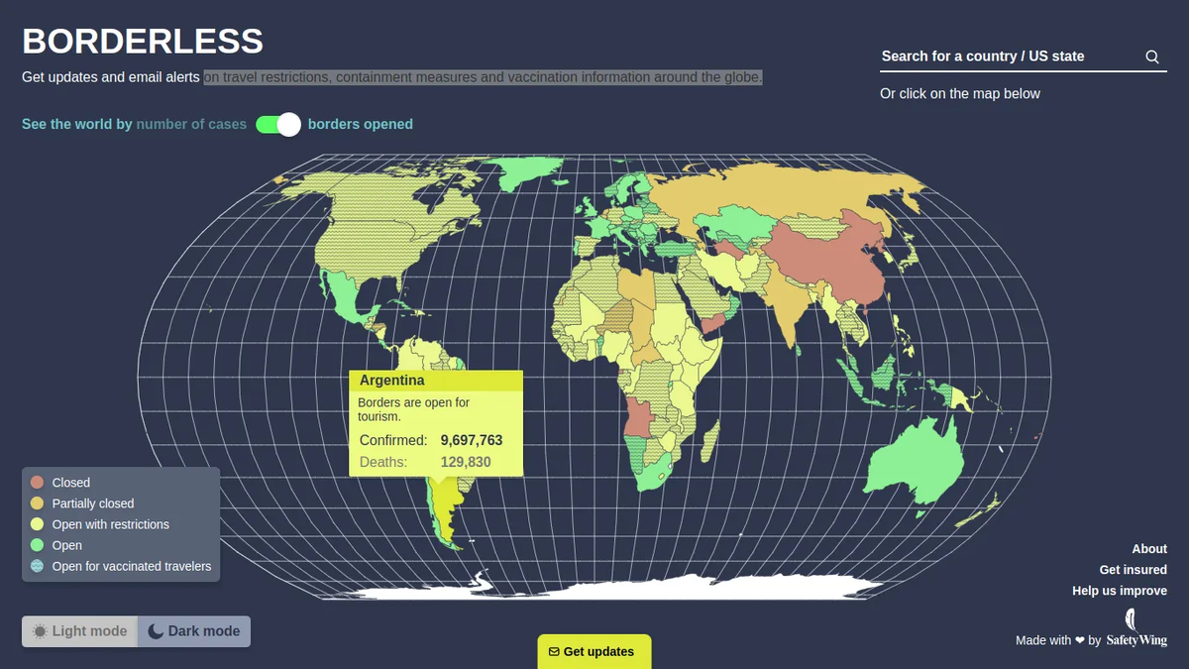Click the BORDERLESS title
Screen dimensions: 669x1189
tap(143, 42)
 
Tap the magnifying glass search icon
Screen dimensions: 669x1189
tap(1152, 56)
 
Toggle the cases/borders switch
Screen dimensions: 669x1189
tap(278, 124)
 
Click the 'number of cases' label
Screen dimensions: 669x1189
tap(191, 124)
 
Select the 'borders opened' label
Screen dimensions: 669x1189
tap(361, 124)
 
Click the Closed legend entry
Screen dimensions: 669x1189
tap(70, 483)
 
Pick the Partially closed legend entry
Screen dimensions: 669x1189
tap(92, 503)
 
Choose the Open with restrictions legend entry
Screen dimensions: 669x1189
tap(110, 524)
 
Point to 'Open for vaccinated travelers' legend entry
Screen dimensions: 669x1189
tap(131, 566)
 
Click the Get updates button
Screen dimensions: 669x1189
tap(594, 651)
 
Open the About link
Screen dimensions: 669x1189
tap(1149, 548)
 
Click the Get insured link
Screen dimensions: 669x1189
tap(1133, 569)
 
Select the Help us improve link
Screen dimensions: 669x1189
tap(1119, 591)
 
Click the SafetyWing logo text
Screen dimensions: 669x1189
tap(1136, 640)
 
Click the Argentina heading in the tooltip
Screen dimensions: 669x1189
tap(392, 381)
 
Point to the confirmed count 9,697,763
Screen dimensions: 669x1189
tap(472, 440)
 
